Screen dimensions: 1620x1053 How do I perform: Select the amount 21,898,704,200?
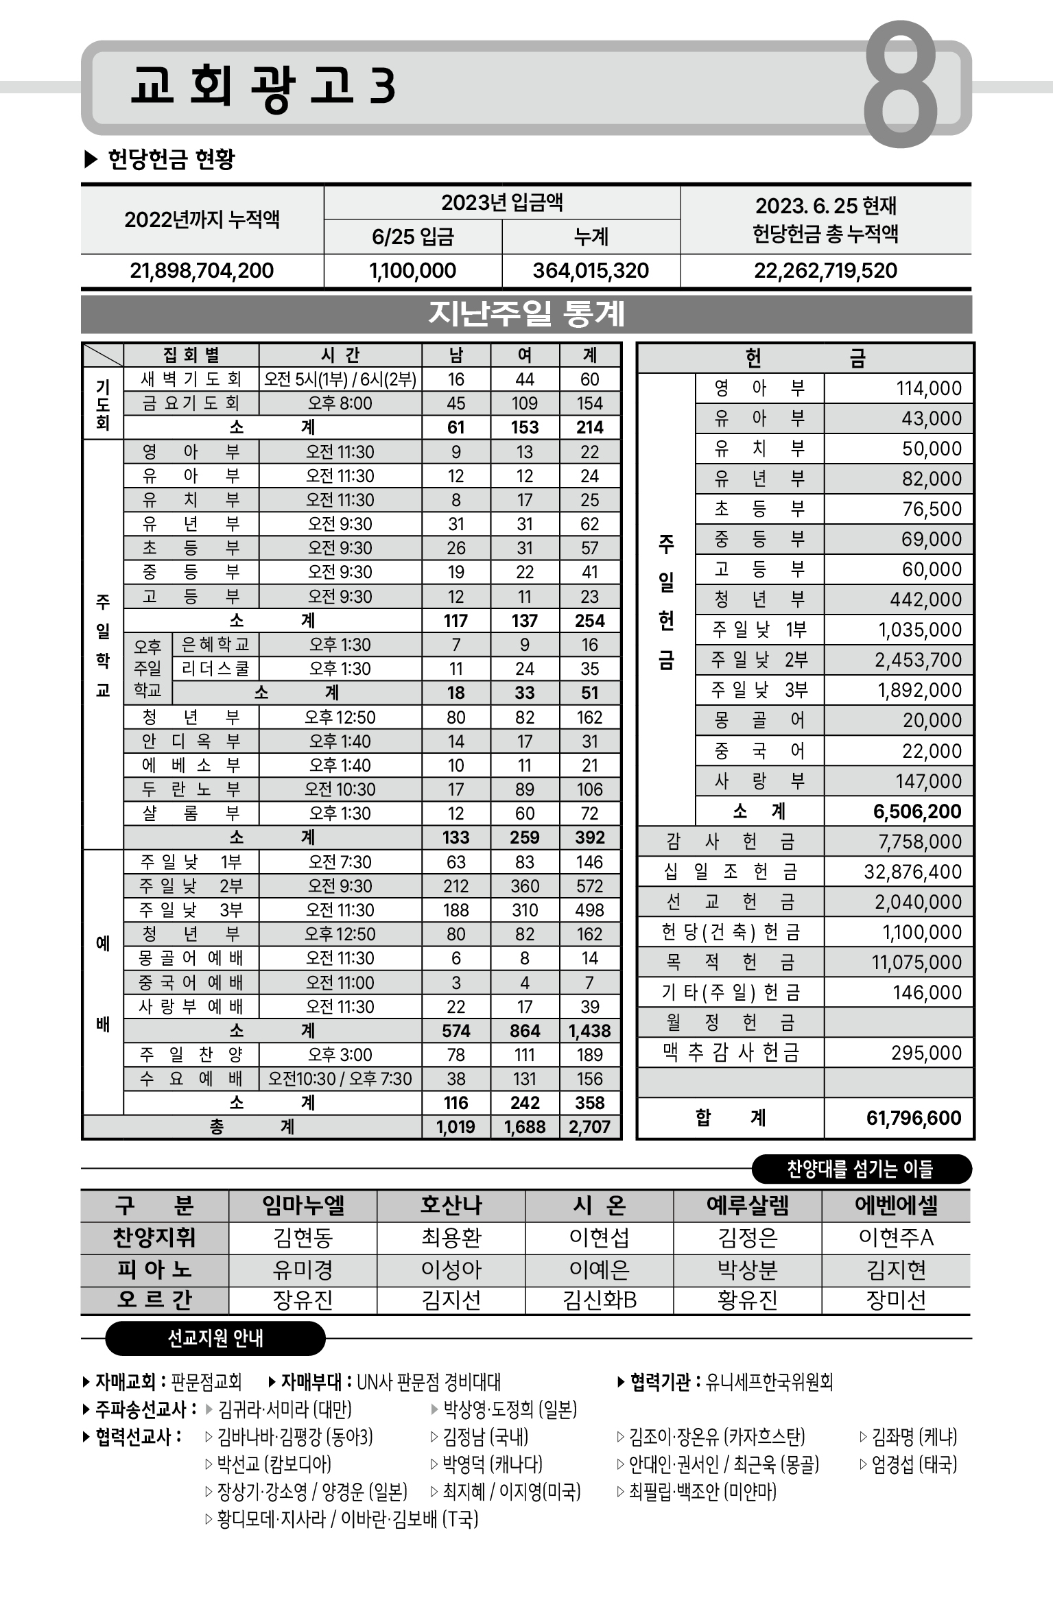202,271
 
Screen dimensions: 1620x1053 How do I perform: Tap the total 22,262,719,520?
825,271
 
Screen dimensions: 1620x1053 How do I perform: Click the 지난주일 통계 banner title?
526,314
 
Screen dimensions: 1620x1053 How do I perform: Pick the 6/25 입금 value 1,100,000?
412,271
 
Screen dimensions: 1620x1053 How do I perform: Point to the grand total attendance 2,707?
589,1127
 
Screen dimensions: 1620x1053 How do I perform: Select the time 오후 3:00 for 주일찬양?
340,1055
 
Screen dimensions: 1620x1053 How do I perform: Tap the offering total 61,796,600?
913,1118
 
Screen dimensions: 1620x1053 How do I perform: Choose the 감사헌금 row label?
730,842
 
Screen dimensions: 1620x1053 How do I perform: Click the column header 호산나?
451,1205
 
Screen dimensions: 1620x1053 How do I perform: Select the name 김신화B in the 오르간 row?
599,1300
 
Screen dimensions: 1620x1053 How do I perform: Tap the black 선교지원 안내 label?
215,1338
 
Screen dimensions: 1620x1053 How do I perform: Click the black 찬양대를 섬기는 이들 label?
860,1169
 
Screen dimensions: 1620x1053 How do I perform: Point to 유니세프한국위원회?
769,1381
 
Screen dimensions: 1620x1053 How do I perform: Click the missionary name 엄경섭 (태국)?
913,1465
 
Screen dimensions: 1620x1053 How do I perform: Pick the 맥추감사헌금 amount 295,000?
926,1053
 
